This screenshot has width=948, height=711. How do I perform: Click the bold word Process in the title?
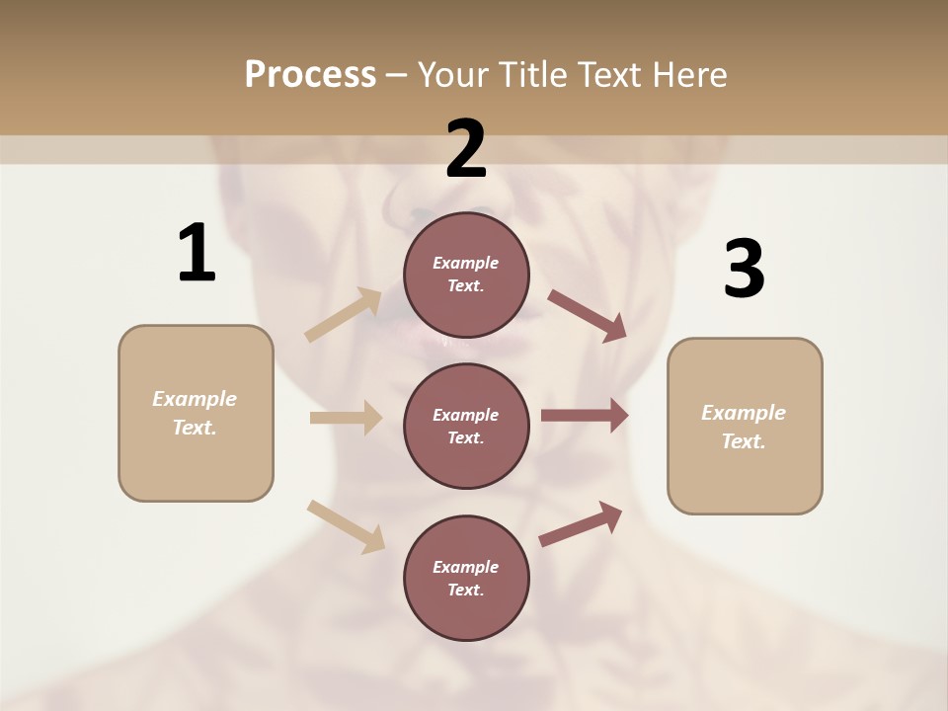310,75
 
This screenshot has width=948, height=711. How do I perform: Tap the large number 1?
197,254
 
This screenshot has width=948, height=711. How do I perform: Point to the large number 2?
466,149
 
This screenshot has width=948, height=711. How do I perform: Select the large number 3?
744,269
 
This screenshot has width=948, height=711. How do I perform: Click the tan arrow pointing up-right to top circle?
344,314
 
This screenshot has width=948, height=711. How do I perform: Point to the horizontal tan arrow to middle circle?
346,418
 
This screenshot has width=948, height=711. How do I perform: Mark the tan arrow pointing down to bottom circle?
346,526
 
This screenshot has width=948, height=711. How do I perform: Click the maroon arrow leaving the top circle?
588,315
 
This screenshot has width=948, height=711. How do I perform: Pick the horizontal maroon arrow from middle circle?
585,416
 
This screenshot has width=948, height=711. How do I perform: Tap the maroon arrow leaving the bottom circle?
581,524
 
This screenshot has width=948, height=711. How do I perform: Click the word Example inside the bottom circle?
466,567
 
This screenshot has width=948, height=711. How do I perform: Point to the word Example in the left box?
195,399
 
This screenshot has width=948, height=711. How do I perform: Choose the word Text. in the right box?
744,441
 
